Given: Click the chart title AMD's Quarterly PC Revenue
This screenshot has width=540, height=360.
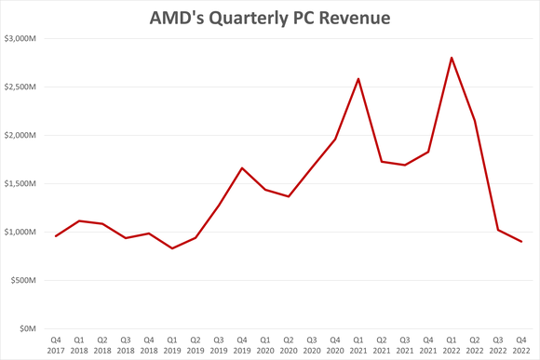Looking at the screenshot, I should (269, 17).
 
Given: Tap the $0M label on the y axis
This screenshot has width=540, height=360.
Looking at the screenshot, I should (29, 329).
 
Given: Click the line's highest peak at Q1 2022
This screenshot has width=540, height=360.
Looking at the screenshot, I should (452, 58).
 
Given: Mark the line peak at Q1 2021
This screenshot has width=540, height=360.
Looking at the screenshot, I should (358, 79).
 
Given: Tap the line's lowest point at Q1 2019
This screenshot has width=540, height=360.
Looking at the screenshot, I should (172, 248).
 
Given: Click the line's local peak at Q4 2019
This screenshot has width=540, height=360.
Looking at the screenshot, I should (242, 168).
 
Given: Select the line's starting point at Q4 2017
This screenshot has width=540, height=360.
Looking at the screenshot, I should (56, 236).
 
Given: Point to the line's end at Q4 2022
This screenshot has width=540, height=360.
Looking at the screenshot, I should (520, 242).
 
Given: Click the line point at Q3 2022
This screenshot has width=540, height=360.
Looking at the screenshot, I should (497, 230).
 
